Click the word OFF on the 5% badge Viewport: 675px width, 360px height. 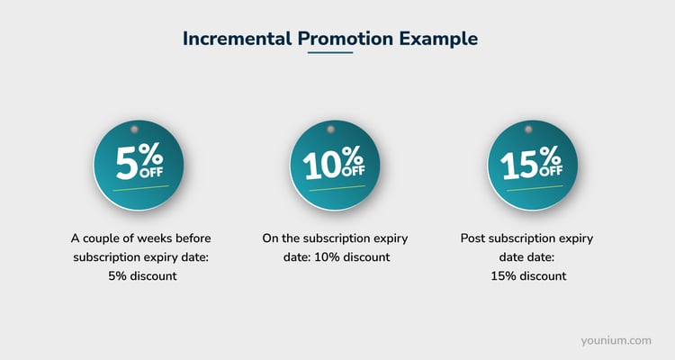(153, 170)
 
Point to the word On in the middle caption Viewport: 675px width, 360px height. (271, 238)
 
